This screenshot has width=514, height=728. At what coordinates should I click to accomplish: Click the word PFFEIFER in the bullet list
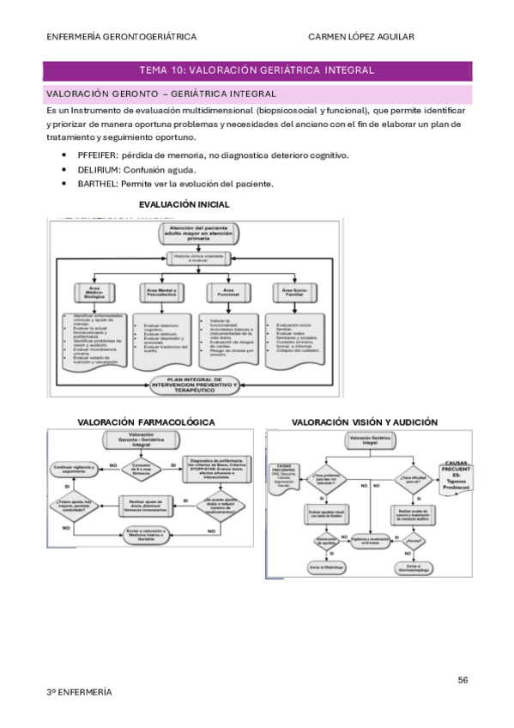pyautogui.click(x=98, y=155)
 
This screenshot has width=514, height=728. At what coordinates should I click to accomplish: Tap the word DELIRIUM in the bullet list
pyautogui.click(x=98, y=169)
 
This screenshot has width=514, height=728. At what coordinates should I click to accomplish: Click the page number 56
pyautogui.click(x=463, y=680)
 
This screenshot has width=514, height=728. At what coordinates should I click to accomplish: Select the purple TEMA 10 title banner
pyautogui.click(x=257, y=70)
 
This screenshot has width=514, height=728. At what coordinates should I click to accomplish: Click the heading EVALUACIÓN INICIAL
pyautogui.click(x=184, y=204)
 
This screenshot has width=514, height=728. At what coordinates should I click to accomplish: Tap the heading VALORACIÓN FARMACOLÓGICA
pyautogui.click(x=146, y=422)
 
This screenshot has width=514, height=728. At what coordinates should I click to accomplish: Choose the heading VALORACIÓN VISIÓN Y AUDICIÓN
pyautogui.click(x=364, y=422)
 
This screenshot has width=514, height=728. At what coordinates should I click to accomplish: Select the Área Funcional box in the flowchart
pyautogui.click(x=228, y=293)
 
